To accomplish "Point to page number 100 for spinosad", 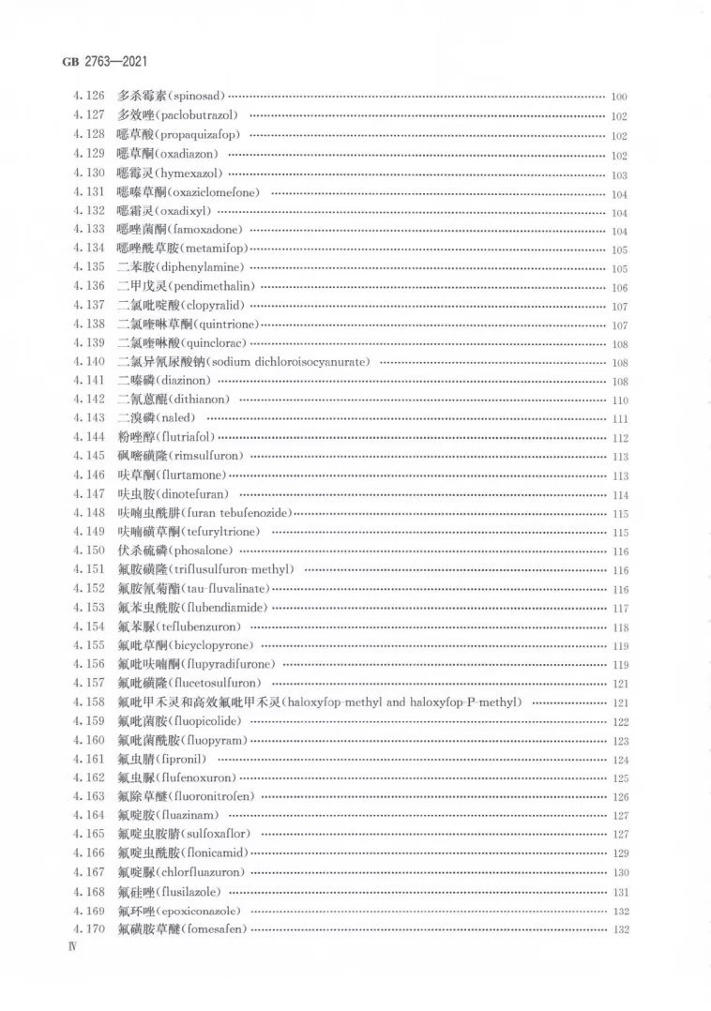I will tap(618, 98).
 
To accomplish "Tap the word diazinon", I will tap(184, 381).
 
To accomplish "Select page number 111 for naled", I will tap(618, 419).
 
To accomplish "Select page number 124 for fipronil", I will tap(618, 760).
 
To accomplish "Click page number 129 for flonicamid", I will tap(618, 854).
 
